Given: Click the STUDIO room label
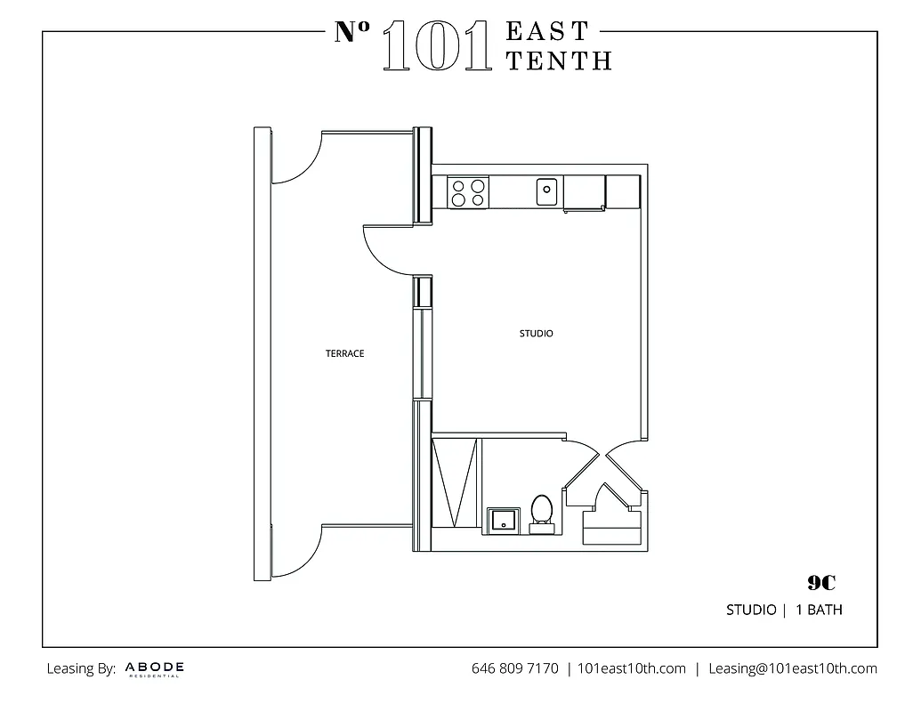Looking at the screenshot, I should tap(536, 334).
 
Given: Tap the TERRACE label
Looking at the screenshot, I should tap(344, 353).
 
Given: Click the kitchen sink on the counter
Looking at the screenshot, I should tap(546, 190).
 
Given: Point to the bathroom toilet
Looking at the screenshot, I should tap(541, 514).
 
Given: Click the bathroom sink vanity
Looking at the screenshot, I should tap(503, 520).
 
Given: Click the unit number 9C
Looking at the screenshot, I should tap(821, 583).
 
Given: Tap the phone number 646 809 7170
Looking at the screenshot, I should tap(514, 668).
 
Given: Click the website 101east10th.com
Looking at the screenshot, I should tap(631, 668).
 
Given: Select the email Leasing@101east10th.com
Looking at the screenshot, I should tap(792, 668).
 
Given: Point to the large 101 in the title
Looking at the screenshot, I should tap(436, 46).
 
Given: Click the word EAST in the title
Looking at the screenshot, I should tap(547, 31).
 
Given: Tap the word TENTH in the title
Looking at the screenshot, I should tap(558, 61).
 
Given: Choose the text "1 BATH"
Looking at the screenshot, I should tap(820, 611).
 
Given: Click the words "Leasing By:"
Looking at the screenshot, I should tap(81, 668).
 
